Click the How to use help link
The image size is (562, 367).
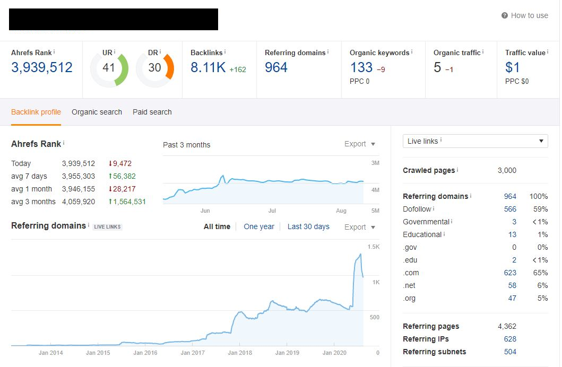coord(525,15)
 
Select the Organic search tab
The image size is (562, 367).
coord(97,112)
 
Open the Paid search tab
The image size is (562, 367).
coord(152,112)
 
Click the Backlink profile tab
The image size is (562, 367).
coord(36,112)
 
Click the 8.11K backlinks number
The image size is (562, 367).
coord(208,67)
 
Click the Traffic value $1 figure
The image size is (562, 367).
coord(512,67)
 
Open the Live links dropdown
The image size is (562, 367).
coord(475,141)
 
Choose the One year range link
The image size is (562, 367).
coord(259,226)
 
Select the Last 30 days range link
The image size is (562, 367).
coord(308,226)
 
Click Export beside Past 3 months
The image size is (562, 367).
coord(359,144)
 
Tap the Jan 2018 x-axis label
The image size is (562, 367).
coord(240,353)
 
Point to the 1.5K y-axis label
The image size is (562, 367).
coord(374,247)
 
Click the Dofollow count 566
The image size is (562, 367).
coord(510,209)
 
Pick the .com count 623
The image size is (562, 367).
coord(510,273)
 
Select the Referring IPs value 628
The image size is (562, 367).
coord(510,339)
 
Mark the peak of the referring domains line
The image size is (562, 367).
coord(360,254)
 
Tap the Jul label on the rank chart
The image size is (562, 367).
coord(272,211)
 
